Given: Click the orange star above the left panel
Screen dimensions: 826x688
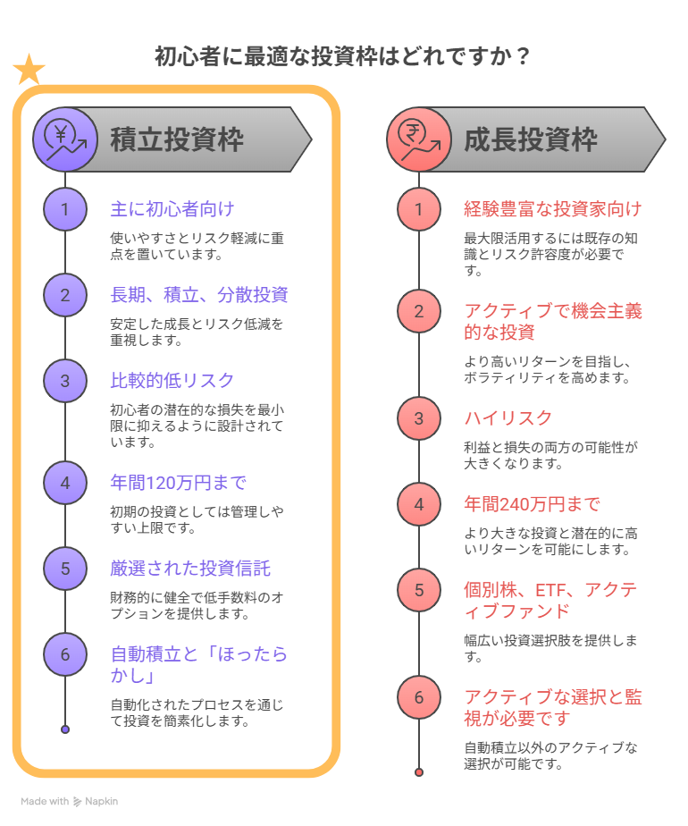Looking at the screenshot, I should tap(29, 70).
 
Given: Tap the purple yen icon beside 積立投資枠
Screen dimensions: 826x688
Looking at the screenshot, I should tap(65, 139).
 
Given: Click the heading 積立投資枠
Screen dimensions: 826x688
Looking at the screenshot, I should tap(177, 140).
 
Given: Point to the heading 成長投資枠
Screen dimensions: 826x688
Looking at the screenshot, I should tap(531, 140).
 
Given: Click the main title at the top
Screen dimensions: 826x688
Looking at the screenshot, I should tap(343, 56).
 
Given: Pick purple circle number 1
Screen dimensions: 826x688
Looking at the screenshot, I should tap(65, 209).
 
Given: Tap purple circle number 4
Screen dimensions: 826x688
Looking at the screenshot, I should tap(65, 483).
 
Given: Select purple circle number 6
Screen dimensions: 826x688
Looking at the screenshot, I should tap(65, 654).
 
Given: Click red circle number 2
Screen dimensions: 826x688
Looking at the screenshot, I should tap(419, 311).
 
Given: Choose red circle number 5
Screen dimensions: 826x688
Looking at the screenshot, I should tap(419, 590).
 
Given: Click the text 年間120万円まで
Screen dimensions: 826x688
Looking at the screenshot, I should tap(178, 483).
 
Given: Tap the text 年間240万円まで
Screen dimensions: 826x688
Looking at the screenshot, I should tap(532, 504).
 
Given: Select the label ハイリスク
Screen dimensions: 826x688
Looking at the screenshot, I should tap(508, 418).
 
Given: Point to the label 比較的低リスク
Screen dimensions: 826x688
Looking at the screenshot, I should tap(172, 381).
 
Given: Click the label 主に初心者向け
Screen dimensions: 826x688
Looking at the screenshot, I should tap(172, 209).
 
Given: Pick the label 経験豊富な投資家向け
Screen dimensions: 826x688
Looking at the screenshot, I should tap(552, 209).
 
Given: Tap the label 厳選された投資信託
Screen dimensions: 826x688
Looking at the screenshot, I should tap(189, 569).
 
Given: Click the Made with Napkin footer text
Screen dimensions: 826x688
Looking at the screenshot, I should tap(70, 802).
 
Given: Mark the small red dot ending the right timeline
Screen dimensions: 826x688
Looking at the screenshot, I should tap(419, 771).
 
